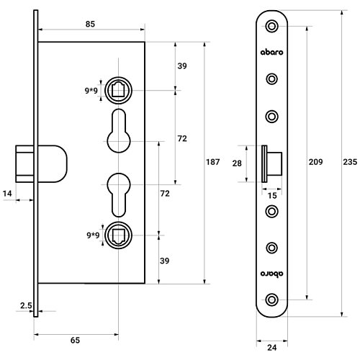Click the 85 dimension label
[90, 24]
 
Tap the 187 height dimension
[213, 162]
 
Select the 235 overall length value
[350, 162]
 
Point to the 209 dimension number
[315, 162]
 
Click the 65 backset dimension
[75, 340]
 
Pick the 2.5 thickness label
[26, 305]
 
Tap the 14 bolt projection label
[7, 194]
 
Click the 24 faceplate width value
[272, 347]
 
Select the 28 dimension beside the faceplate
[237, 163]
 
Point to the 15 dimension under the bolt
[272, 196]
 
